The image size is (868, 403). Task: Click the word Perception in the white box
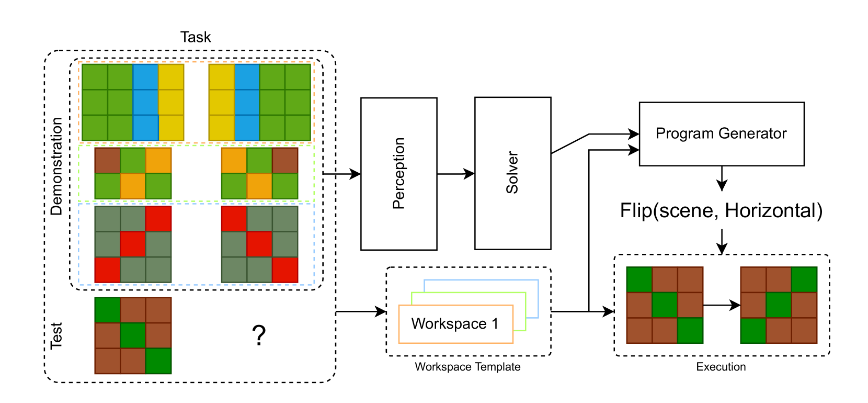398,173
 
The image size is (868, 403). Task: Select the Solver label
512,173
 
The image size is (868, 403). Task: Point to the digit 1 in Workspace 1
495,323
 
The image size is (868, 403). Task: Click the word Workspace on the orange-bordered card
449,323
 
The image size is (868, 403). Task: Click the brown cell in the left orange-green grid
107,160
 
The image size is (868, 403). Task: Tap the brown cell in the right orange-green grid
285,160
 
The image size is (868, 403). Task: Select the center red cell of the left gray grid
133,244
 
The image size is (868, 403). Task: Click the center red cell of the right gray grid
259,244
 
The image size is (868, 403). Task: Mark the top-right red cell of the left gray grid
158,219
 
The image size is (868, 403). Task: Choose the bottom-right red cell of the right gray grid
285,270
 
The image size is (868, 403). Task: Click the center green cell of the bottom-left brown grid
133,335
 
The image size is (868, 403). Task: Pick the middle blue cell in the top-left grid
145,102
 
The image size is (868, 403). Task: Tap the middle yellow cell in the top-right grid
221,102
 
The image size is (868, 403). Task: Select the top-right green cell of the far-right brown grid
804,279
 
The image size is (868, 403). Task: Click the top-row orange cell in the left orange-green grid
158,160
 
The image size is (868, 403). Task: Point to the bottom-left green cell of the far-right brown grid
753,331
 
